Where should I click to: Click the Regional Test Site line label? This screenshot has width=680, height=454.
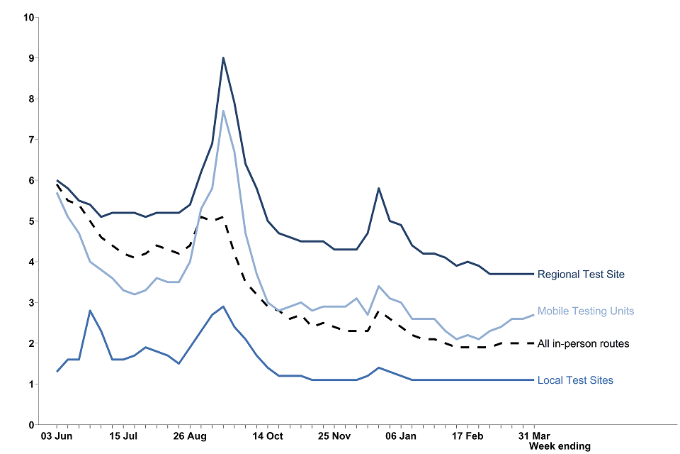coord(581,274)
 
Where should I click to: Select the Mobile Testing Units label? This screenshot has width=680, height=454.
coord(586,311)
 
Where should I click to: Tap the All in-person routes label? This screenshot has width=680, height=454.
coord(583,344)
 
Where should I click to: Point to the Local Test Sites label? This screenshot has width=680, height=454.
coord(575,380)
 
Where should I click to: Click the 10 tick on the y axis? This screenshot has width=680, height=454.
coord(29,17)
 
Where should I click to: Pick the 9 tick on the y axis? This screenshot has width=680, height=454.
coord(31,58)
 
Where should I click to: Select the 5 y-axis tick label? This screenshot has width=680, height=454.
coord(31,221)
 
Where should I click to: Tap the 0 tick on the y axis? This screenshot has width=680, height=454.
coord(31,425)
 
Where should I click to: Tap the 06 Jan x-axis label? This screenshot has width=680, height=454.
coord(402,436)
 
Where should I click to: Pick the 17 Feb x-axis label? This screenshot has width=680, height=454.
coord(467,436)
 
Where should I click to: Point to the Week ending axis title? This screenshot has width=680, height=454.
coord(560,446)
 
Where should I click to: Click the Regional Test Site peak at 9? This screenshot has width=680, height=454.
coord(223,58)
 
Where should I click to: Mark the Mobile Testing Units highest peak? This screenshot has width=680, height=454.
coord(223,111)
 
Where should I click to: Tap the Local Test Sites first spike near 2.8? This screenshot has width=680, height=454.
coord(90,311)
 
